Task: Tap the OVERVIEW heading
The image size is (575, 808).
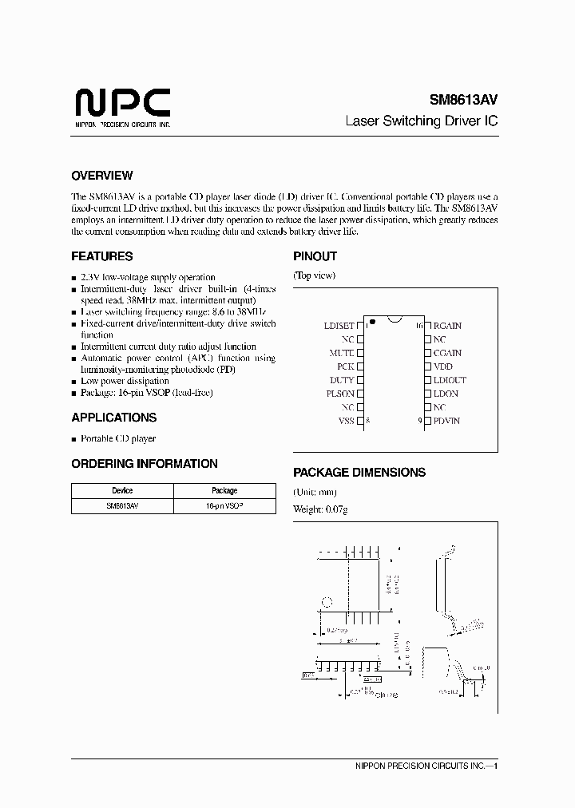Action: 101,176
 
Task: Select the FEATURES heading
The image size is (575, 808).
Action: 101,256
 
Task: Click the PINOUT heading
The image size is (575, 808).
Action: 315,256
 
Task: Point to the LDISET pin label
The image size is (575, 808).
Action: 339,326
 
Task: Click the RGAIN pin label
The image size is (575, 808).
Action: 447,326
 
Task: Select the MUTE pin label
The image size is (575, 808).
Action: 342,353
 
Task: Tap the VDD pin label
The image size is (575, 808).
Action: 442,366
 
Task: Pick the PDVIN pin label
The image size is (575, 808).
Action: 446,421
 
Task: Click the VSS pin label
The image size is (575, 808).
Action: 345,421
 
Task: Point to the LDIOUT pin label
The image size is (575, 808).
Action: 449,380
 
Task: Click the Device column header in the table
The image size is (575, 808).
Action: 122,491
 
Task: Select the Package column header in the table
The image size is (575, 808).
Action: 224,491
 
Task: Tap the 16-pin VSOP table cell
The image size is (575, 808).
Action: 224,506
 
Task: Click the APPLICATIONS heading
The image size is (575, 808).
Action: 113,418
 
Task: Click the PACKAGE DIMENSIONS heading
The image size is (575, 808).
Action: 359,472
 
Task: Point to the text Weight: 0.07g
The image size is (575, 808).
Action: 320,509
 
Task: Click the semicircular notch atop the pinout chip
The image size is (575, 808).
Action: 393,321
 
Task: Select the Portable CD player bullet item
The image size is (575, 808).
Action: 117,438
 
